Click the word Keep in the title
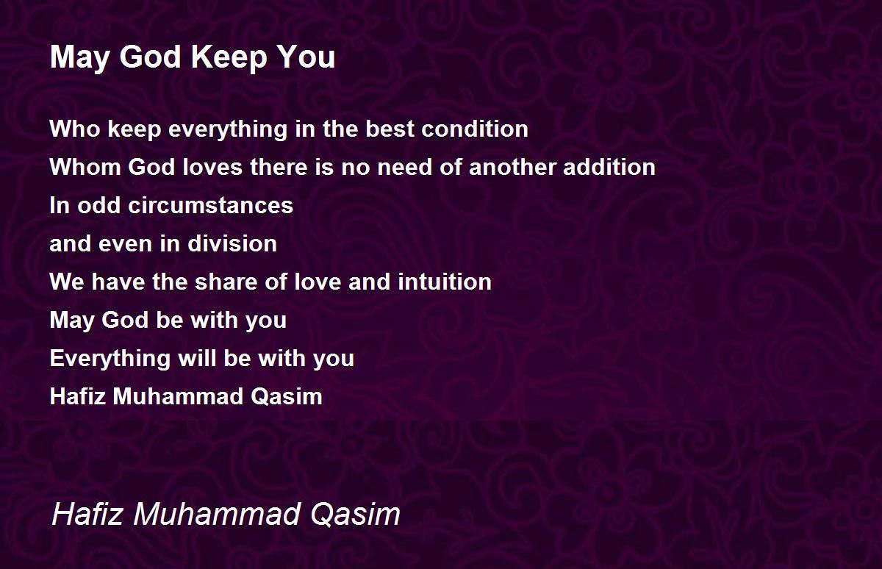point(229,58)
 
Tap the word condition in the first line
point(475,129)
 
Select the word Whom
point(85,167)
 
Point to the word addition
point(609,167)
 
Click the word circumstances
point(211,205)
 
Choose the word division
point(232,243)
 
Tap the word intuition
point(445,282)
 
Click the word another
point(512,167)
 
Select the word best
point(390,129)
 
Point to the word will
point(197,358)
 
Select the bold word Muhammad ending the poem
point(178,396)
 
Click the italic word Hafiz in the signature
point(87,514)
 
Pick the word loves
point(212,167)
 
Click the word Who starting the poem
point(75,129)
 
